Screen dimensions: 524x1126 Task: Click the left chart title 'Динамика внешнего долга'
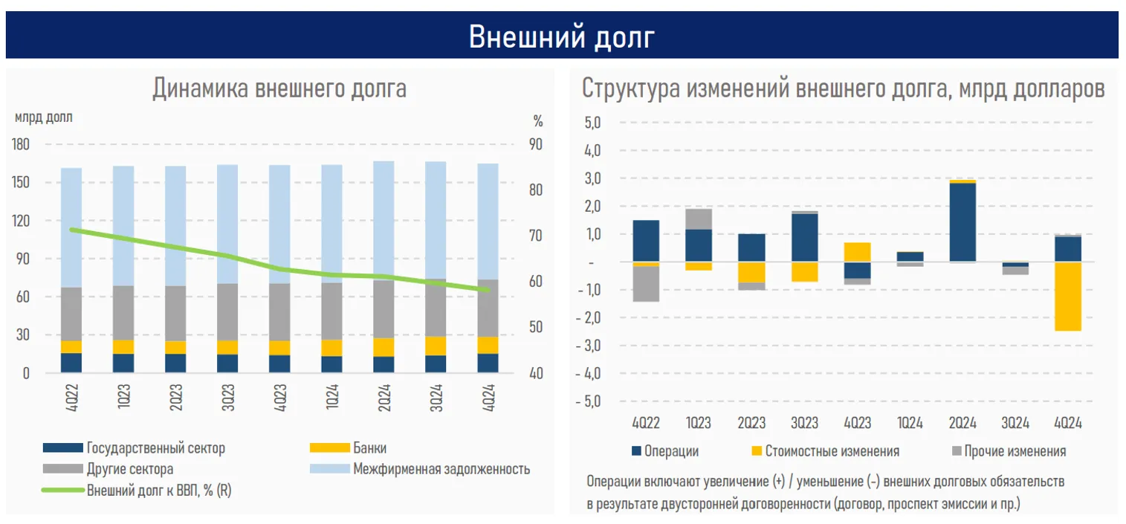pos(279,88)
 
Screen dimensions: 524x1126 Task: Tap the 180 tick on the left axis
pos(22,145)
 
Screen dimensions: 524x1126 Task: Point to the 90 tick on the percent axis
pos(534,145)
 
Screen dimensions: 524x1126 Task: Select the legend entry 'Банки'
pos(370,448)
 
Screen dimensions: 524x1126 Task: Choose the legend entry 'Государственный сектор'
pos(155,448)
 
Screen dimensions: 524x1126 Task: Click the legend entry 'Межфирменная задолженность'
pos(441,469)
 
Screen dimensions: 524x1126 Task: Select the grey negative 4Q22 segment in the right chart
pos(646,283)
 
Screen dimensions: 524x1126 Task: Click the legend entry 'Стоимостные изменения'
pos(832,451)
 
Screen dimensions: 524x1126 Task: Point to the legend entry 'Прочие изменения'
pos(1016,451)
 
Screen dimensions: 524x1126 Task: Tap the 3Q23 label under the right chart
pos(804,423)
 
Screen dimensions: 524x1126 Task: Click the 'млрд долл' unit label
pos(44,117)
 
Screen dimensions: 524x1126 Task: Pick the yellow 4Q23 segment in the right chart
pos(857,252)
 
